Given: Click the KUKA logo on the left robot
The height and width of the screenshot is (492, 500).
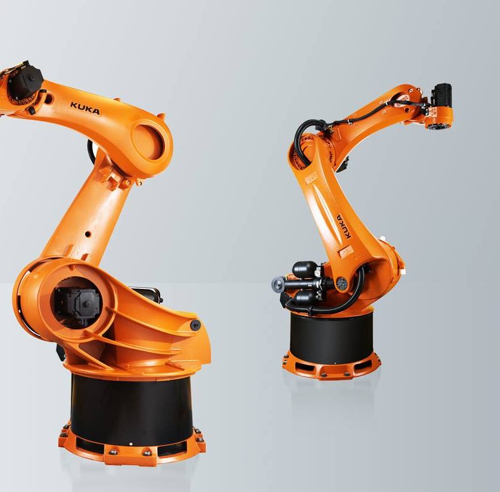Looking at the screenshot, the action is (85, 109).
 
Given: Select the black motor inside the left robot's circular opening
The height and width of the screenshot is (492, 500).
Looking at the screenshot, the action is (76, 305).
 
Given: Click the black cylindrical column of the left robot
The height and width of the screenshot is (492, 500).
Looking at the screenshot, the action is (131, 411).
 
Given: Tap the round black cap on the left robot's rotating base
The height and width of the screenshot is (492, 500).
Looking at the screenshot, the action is (195, 325).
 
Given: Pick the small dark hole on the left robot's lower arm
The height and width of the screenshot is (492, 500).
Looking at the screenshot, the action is (87, 235).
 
